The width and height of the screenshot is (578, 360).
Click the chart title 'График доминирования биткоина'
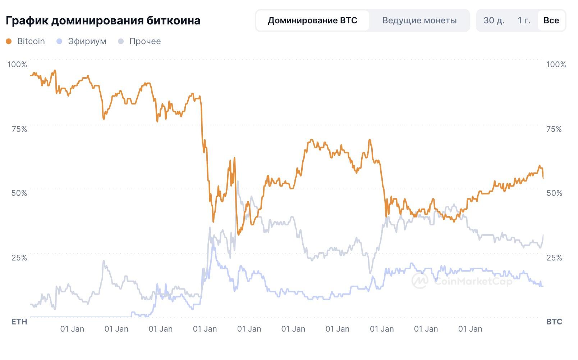coord(103,20)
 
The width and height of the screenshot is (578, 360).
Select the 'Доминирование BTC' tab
coord(312,20)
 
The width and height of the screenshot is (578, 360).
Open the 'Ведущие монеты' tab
coord(419,20)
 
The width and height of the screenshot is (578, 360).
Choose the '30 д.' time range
coord(494,20)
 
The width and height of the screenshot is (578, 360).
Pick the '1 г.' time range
coord(524,20)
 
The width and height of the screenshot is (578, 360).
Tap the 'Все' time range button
coord(551,20)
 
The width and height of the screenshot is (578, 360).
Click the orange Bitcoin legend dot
coord(9,42)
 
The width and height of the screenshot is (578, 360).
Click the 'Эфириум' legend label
coord(87,41)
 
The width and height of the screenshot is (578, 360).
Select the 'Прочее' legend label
coord(145,41)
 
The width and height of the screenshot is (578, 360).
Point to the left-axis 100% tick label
coord(17,65)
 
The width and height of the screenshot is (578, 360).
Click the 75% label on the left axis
coord(19,129)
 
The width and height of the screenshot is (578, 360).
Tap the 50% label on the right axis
coord(554,193)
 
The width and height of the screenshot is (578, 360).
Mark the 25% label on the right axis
coord(554,258)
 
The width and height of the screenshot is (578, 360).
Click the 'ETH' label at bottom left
coord(19,322)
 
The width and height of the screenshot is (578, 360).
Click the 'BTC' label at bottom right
coord(554,322)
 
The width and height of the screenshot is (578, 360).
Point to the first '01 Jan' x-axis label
coord(72,329)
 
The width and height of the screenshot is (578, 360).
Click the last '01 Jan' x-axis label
coord(470,329)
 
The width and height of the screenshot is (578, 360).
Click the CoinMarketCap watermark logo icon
coord(420,280)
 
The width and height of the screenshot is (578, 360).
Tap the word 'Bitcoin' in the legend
coord(31,41)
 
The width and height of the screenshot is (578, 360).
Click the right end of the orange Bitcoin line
coord(543,177)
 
